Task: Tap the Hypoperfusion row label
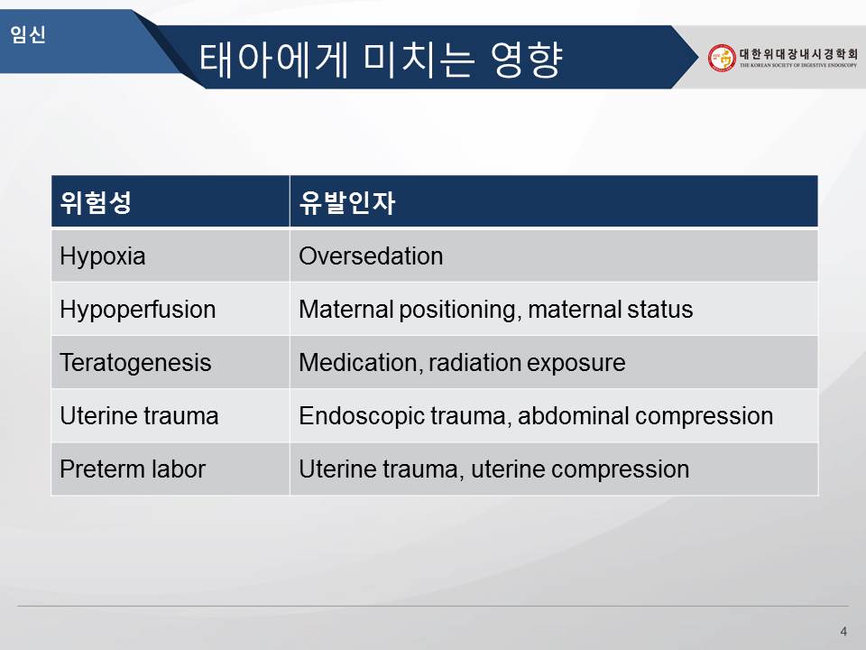coord(137,310)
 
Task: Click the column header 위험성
coord(96,202)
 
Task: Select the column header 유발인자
coord(346,202)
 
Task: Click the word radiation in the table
coord(474,363)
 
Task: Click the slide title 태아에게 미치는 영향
coord(381,59)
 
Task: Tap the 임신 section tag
coord(28,34)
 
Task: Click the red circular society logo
coord(722,58)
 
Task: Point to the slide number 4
coord(843,631)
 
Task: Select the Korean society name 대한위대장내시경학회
coord(798,53)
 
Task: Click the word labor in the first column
coord(179,469)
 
